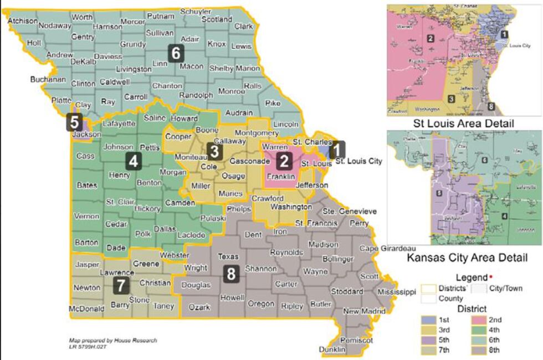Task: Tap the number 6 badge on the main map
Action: pos(176,54)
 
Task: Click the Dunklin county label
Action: pos(332,350)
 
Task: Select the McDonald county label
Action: pos(86,308)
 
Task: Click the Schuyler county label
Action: pos(196,11)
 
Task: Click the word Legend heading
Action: pos(470,277)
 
